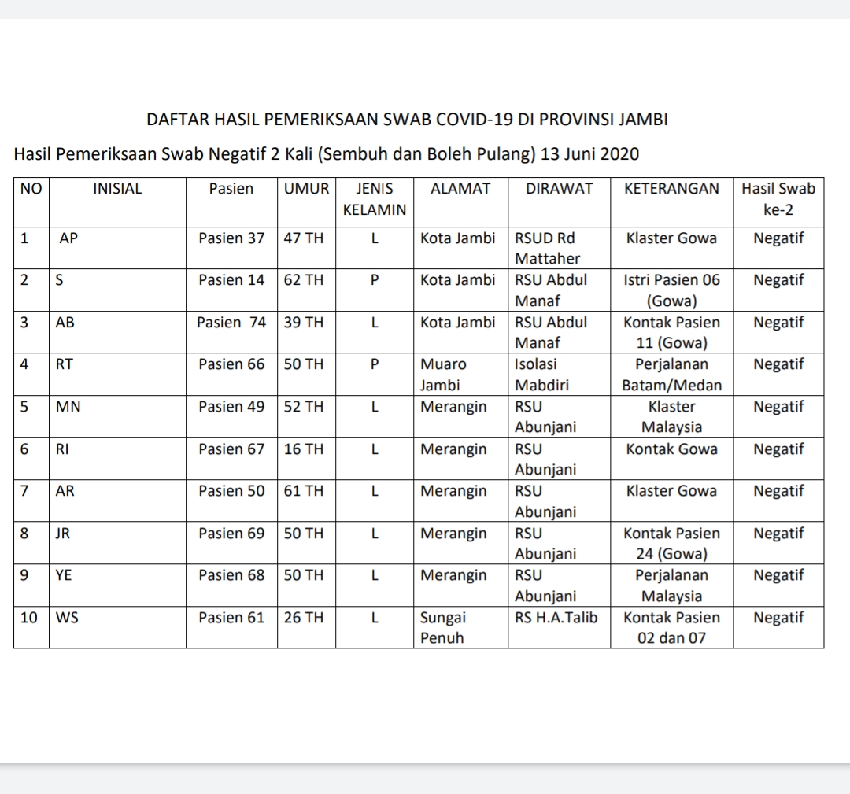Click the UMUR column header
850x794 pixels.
(306, 189)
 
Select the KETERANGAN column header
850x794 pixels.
(671, 189)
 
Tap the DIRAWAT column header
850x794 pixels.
(559, 189)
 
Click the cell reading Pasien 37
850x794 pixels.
(231, 238)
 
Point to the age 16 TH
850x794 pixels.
(304, 449)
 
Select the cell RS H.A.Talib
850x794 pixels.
(556, 618)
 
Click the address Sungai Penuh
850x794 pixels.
(443, 628)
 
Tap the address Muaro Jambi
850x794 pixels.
(443, 375)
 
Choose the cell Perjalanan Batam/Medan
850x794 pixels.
(671, 375)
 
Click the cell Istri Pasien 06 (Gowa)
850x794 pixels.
(671, 290)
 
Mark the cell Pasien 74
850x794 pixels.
(231, 323)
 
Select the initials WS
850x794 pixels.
(66, 618)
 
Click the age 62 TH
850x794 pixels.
(304, 280)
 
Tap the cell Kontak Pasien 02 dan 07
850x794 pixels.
(671, 628)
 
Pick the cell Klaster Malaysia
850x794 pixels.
(671, 417)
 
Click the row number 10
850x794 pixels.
(28, 618)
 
